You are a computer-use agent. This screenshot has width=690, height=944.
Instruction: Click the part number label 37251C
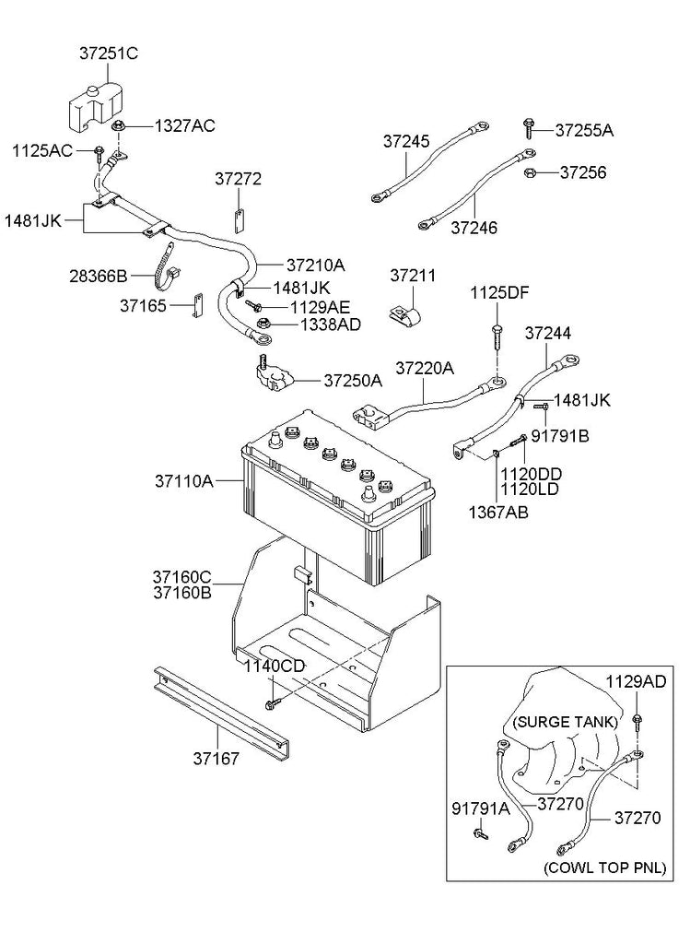pos(109,53)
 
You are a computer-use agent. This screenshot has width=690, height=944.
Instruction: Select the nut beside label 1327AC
pos(117,126)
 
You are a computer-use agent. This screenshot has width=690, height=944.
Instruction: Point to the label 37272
pos(239,179)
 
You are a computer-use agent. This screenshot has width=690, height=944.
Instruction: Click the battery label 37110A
pos(184,481)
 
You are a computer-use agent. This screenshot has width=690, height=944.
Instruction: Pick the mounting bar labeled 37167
pos(221,710)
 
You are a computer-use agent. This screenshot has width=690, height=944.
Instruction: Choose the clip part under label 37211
pos(403,316)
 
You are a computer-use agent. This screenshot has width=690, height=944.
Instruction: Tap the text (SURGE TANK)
pos(566,722)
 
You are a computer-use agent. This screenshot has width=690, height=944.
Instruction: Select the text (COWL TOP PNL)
pos(604,867)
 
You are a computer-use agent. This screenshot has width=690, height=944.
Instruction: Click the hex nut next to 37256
pos(531,172)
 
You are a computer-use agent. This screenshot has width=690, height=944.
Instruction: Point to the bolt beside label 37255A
pos(529,129)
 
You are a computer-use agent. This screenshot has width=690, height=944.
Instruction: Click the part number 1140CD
pos(275,667)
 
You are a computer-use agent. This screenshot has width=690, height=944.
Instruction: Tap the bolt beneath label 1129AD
pos(636,722)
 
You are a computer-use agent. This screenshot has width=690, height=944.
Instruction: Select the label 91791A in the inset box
pos(481,808)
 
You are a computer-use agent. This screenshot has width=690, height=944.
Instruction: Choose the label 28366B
pos(99,277)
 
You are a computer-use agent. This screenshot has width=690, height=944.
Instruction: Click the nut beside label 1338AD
pos(263,324)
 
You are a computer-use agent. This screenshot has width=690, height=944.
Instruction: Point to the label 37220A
pos(425,368)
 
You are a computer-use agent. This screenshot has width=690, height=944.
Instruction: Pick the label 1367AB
pos(498,513)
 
